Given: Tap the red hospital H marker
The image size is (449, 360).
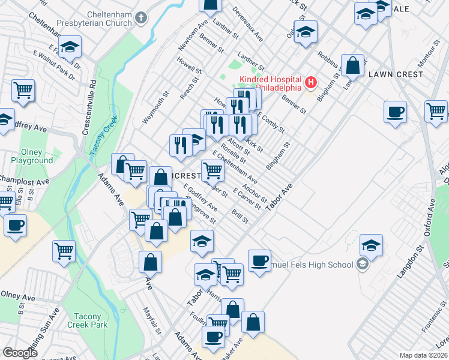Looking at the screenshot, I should tap(311, 82).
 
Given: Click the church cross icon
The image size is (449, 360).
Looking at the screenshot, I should tap(141, 18).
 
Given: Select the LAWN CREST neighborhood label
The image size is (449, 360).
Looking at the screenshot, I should tap(396, 74).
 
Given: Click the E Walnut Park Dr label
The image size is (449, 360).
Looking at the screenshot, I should tap(54, 65).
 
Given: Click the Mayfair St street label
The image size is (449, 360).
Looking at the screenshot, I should tap(152, 320).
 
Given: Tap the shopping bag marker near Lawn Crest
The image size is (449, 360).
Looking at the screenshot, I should tap(353, 64).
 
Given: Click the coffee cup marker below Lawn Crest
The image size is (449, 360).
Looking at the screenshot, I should tap(396, 112).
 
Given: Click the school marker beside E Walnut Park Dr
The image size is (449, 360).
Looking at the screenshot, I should tap(70, 47).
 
